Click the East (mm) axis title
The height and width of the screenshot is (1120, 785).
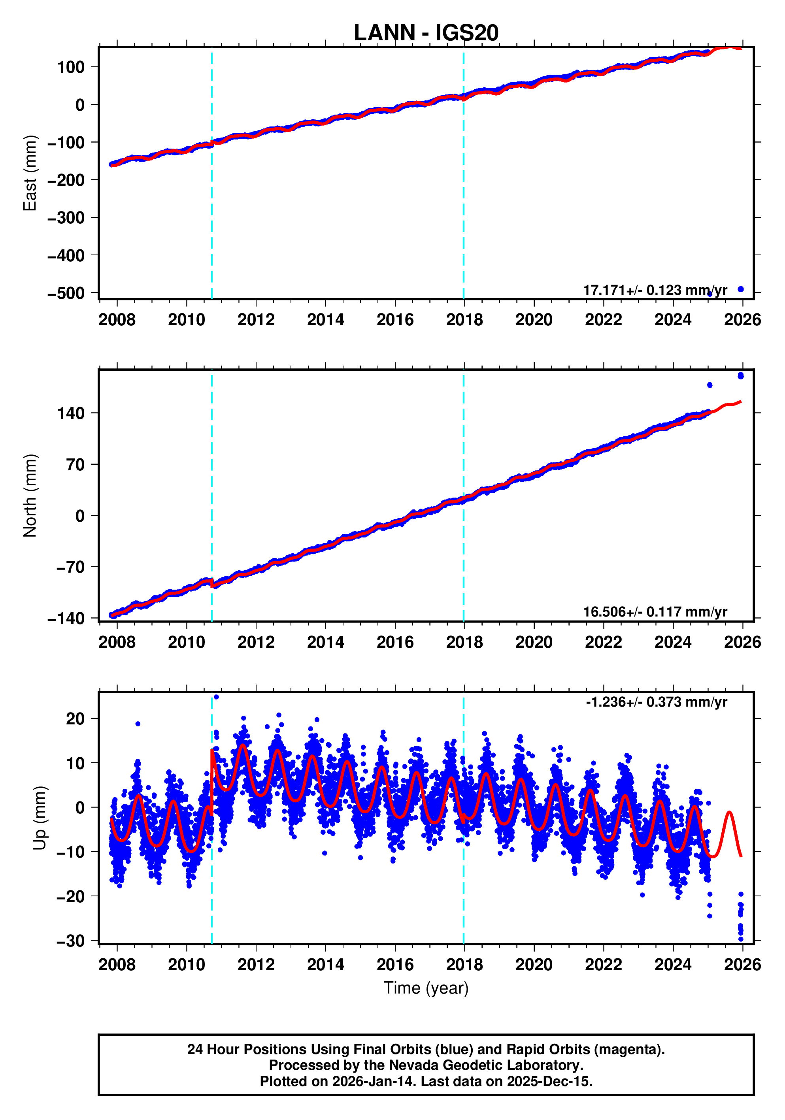30,173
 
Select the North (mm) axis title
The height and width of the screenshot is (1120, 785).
30,496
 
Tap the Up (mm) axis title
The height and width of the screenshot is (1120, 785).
40,818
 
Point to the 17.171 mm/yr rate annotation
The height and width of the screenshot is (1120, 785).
654,290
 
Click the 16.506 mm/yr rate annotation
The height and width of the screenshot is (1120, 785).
654,612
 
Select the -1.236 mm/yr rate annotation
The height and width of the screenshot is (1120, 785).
656,702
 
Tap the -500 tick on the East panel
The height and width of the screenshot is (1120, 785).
66,293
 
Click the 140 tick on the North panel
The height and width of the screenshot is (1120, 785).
71,413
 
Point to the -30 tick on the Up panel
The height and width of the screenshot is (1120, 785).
70,941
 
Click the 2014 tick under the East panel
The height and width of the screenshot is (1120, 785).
325,320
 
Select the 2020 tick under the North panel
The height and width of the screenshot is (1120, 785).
533,642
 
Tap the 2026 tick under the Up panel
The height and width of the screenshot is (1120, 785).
742,965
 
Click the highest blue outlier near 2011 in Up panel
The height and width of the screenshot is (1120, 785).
216,697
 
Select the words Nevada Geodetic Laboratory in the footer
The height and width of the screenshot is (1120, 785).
473,1065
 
